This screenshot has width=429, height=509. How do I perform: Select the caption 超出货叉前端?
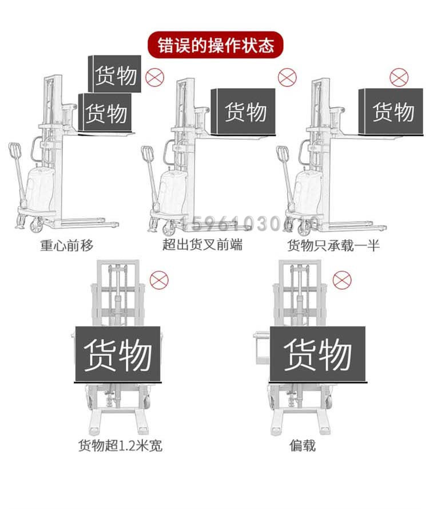[202, 246]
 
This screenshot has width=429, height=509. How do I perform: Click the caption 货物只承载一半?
[333, 246]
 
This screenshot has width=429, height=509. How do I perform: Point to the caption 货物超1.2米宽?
[116, 445]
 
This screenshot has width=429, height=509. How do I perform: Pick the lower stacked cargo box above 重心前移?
[105, 112]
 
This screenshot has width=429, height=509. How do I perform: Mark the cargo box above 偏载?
[317, 354]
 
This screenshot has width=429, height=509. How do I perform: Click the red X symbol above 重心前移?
[153, 76]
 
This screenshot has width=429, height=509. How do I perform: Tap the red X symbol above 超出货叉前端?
[287, 77]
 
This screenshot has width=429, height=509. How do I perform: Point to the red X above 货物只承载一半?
[398, 77]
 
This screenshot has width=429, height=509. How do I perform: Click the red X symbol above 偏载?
[341, 280]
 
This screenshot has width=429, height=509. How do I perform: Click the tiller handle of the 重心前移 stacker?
[15, 152]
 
